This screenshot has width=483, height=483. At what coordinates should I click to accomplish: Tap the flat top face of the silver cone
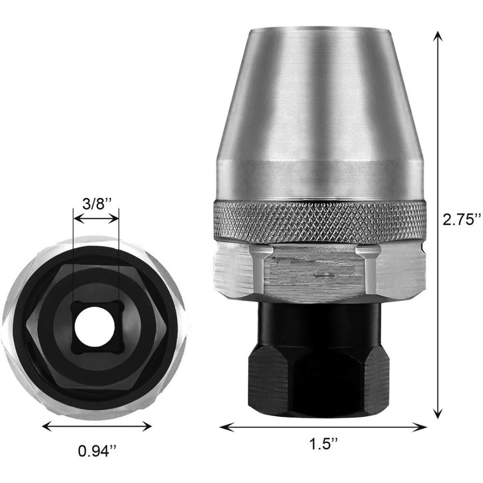click(x=319, y=30)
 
